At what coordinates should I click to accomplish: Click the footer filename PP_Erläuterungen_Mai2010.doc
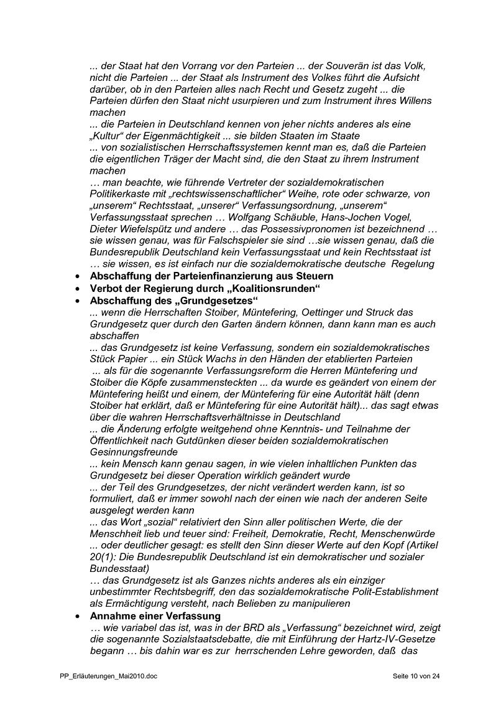[104, 676]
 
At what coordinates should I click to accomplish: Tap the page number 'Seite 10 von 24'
[416, 676]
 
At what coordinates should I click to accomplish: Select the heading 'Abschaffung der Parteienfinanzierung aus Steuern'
[211, 276]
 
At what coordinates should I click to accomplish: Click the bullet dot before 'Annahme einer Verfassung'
[76, 616]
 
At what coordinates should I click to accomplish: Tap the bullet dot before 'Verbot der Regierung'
[76, 287]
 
